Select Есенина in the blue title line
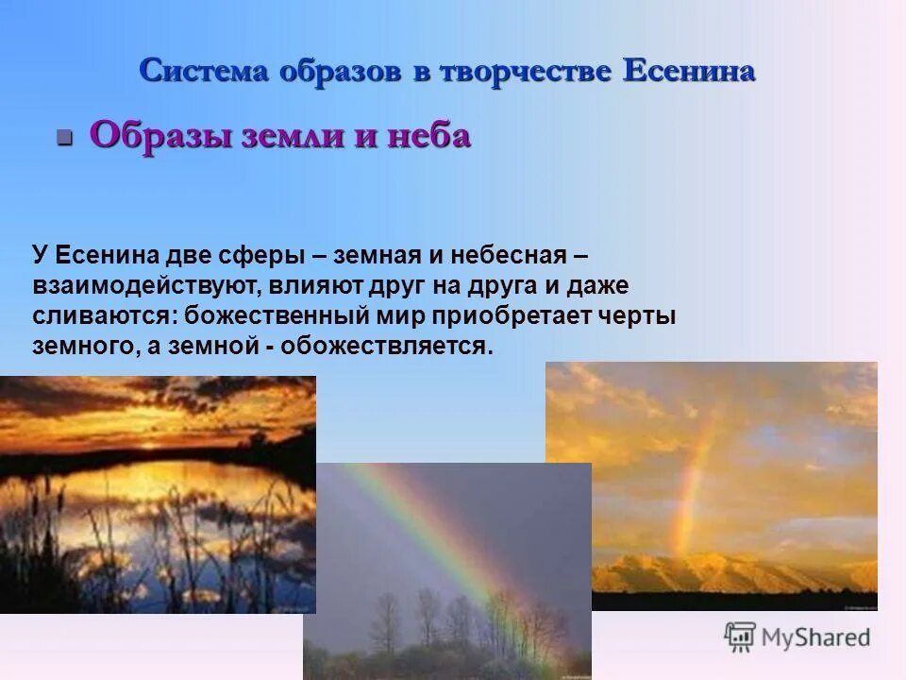pyautogui.click(x=689, y=72)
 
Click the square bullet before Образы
pyautogui.click(x=64, y=138)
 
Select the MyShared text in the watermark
pyautogui.click(x=816, y=637)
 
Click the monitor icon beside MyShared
pyautogui.click(x=740, y=637)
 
